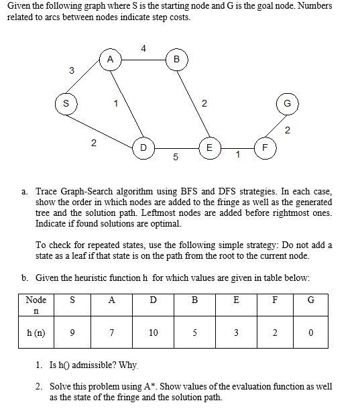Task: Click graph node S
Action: pyautogui.click(x=66, y=104)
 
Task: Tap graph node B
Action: pyautogui.click(x=176, y=60)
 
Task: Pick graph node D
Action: pyautogui.click(x=142, y=147)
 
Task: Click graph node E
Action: pyautogui.click(x=209, y=147)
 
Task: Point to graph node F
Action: pyautogui.click(x=265, y=147)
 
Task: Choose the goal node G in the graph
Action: pyautogui.click(x=287, y=104)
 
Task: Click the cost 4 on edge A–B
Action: pyautogui.click(x=143, y=48)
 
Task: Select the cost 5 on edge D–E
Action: pyautogui.click(x=175, y=158)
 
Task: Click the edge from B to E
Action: pyautogui.click(x=193, y=104)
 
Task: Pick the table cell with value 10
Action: pyautogui.click(x=154, y=333)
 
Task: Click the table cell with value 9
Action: pyautogui.click(x=72, y=333)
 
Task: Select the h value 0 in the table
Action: pyautogui.click(x=310, y=333)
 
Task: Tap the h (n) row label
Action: pyautogui.click(x=35, y=333)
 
